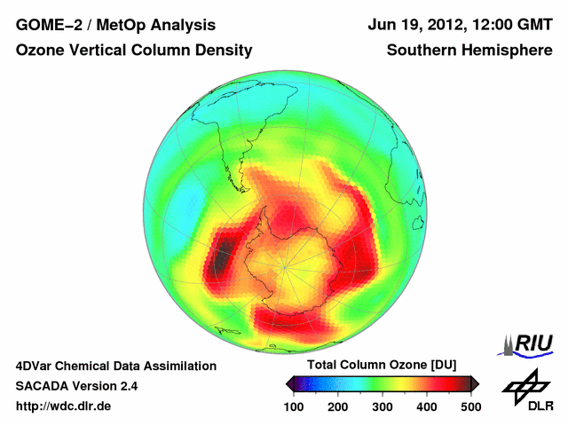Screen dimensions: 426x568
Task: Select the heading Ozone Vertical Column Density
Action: (133, 51)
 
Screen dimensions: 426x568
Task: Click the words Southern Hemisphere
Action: (469, 51)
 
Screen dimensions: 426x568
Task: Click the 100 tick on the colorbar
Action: (294, 406)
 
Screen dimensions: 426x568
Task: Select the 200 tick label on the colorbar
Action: (338, 406)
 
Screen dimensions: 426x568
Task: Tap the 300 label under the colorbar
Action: (382, 406)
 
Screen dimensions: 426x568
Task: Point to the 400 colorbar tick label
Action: (426, 406)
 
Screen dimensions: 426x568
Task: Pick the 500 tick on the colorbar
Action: (469, 406)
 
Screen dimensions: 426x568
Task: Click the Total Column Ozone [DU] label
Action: (382, 366)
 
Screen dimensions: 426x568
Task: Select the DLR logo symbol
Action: (527, 386)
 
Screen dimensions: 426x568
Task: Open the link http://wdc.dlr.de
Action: (64, 406)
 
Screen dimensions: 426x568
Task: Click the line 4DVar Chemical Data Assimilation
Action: (115, 366)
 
